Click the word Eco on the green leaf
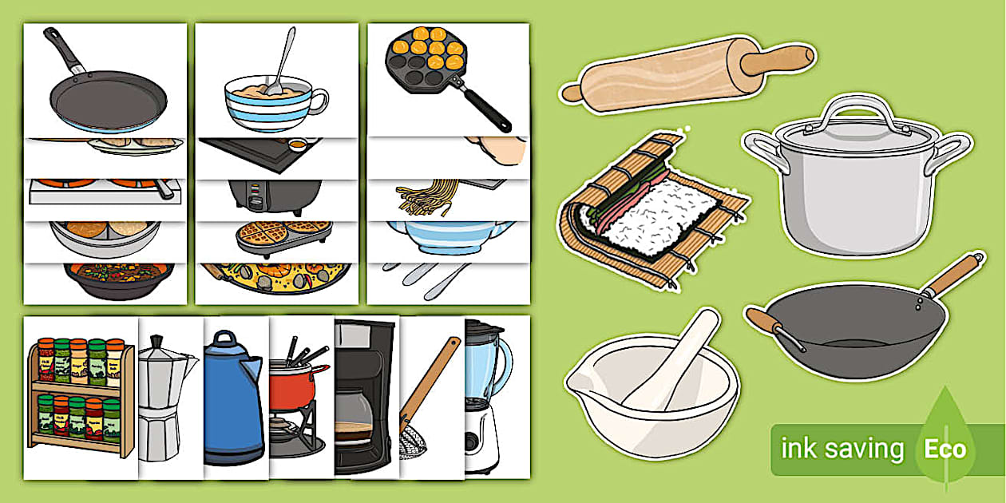click(x=945, y=449)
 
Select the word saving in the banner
click(x=865, y=450)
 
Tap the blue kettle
click(x=233, y=407)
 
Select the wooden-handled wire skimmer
click(x=427, y=399)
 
